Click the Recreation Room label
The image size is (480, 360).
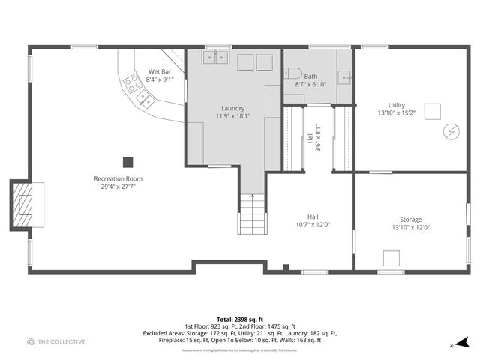click(x=118, y=178)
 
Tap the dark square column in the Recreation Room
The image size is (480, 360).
click(x=128, y=161)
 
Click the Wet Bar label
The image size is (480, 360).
click(x=160, y=73)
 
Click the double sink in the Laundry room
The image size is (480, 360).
click(x=217, y=58)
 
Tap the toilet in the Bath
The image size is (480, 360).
click(x=293, y=73)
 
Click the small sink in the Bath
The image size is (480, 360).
click(x=346, y=76)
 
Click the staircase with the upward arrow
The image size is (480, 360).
click(x=252, y=214)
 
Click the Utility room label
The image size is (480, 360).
click(x=396, y=105)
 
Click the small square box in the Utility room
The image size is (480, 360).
click(x=432, y=111)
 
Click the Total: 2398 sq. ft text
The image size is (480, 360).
click(x=240, y=319)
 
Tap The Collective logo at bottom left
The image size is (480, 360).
click(x=56, y=341)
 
